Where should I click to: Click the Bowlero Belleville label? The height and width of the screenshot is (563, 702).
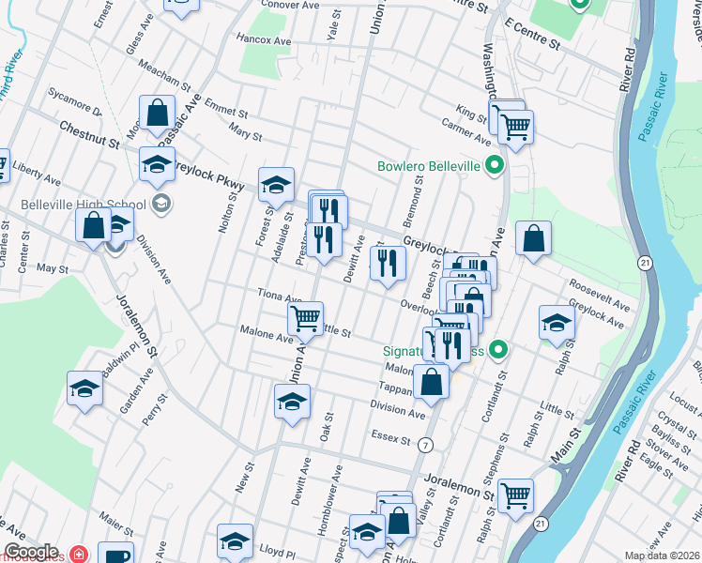click(428, 166)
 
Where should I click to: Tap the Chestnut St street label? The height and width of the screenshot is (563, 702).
click(88, 133)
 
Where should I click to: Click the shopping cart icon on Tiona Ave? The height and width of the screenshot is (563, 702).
click(305, 318)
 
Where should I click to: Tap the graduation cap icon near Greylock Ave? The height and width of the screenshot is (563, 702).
click(557, 322)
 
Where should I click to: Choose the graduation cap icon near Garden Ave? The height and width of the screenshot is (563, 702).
click(84, 389)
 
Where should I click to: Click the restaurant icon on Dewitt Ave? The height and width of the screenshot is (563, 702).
click(388, 265)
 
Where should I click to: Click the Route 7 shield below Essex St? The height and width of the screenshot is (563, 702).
click(427, 443)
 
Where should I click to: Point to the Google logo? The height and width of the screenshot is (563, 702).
click(31, 552)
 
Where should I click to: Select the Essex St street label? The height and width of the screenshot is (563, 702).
click(391, 438)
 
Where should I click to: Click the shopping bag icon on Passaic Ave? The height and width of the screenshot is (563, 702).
click(158, 113)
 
